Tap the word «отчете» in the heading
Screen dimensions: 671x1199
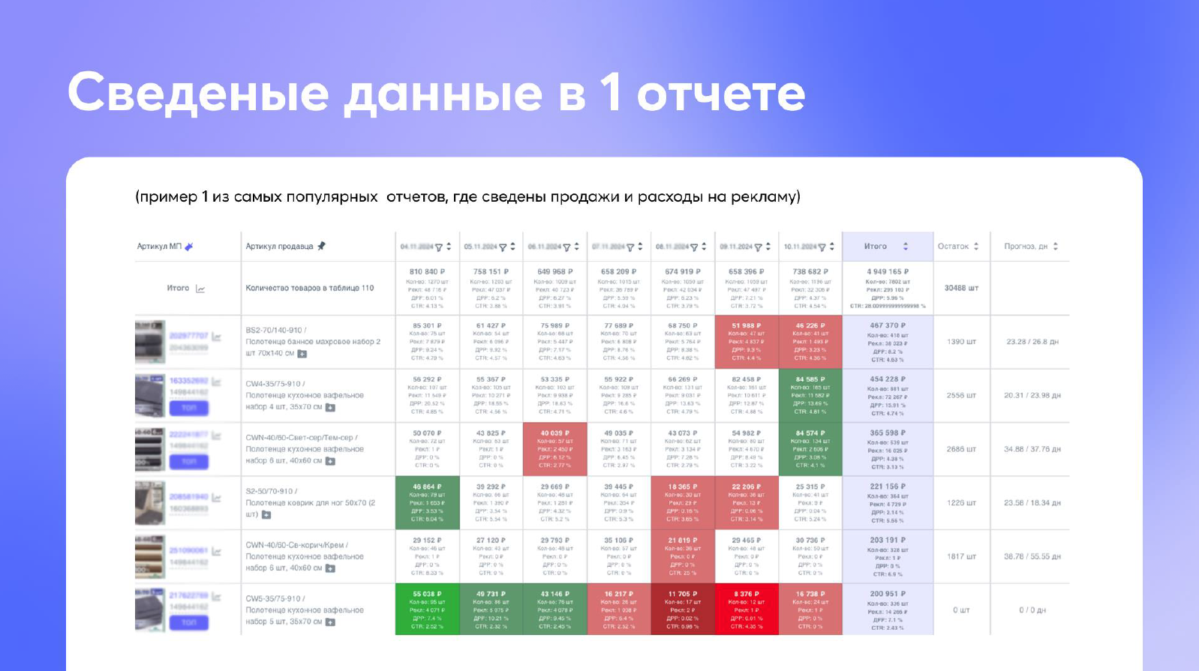(720, 94)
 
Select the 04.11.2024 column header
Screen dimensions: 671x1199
(416, 247)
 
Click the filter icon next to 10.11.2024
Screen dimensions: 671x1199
(822, 247)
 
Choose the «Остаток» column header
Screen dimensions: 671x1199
(953, 247)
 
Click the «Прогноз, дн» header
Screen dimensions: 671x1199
(1025, 247)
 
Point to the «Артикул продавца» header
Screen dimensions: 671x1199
(279, 247)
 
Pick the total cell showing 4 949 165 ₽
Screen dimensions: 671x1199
(888, 288)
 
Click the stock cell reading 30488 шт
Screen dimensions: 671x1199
(961, 288)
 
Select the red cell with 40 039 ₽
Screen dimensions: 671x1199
(555, 449)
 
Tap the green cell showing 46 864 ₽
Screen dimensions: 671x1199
(427, 502)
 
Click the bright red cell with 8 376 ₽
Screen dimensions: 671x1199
(747, 610)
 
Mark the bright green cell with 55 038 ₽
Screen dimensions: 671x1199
(427, 610)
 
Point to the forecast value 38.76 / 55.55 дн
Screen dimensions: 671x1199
(1032, 556)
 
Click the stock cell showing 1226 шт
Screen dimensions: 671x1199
(961, 503)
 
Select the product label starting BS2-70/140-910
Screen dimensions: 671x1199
(313, 341)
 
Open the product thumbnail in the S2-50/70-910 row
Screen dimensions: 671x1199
(149, 502)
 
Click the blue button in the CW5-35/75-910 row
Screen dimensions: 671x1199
(188, 622)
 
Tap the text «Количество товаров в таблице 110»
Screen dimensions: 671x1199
(309, 288)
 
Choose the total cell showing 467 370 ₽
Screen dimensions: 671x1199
(888, 342)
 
